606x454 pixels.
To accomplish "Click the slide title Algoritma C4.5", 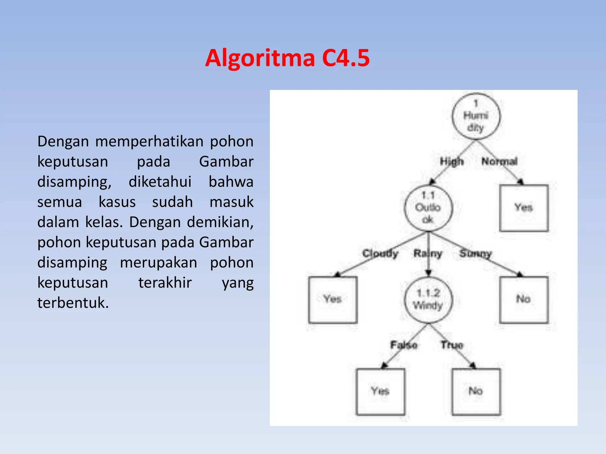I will point(287,58).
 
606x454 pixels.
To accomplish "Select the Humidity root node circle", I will point(476,116).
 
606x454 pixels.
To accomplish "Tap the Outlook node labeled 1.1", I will point(428,208).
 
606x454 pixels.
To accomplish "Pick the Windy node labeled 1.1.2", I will point(428,299).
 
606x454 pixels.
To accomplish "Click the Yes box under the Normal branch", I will point(523,208).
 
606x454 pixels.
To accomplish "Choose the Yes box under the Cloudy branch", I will point(333,299).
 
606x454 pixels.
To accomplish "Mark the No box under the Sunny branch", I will point(523,299).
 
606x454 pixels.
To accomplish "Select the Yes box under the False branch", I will point(380,391).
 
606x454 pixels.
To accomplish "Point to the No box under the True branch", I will point(476,391).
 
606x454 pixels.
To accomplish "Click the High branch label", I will point(452,162).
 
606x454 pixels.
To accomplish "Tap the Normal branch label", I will point(499,161).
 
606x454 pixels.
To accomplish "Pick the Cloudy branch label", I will point(380,254).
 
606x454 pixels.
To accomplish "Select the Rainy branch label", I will point(428,254).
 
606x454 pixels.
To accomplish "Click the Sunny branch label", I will point(475,254).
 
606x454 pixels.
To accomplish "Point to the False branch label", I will point(404,345).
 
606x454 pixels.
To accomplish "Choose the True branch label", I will point(452,345).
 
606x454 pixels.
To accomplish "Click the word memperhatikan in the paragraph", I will point(149,142).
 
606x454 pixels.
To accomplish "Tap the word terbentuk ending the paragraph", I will point(73,303).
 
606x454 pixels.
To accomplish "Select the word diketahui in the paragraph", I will point(160,182).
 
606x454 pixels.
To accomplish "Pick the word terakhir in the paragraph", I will point(165,283).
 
